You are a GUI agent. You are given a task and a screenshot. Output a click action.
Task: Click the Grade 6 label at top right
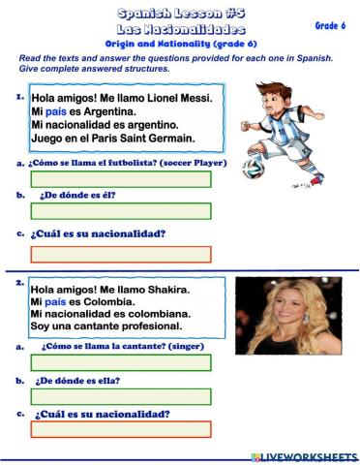tap(329, 26)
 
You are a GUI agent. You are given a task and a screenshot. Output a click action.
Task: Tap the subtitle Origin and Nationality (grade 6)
tap(179, 45)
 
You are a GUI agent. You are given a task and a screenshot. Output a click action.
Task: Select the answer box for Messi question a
tap(120, 179)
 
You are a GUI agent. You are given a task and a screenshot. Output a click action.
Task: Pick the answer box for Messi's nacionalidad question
tap(120, 254)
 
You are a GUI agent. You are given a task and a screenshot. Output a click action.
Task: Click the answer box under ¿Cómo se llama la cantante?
tap(120, 362)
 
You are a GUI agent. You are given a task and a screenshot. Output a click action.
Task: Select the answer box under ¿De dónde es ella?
tap(120, 397)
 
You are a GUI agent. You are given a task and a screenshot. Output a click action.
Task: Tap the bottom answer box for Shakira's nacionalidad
tap(120, 430)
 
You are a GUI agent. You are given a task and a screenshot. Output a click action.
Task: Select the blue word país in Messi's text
tap(56, 111)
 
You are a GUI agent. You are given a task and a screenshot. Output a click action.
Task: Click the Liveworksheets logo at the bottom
tap(303, 455)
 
